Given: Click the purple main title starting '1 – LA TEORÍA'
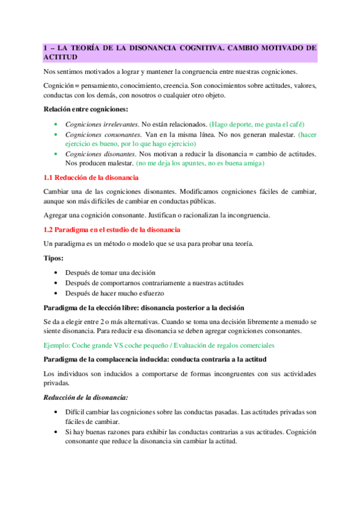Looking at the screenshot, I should coord(180,52).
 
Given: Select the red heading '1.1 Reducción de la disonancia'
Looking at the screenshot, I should coord(91,178).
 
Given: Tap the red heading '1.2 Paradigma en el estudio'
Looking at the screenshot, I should coord(111,230).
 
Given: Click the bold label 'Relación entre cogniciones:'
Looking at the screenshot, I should coord(85,109).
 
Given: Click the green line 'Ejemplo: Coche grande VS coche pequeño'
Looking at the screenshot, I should coord(159,345).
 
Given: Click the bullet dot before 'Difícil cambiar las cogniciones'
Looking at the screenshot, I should coord(55,413).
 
